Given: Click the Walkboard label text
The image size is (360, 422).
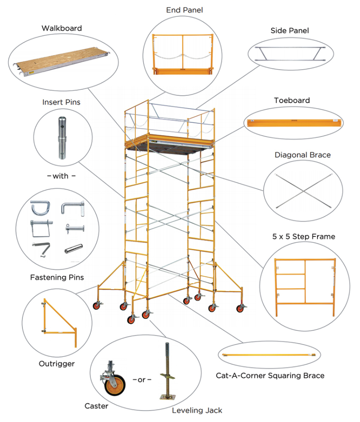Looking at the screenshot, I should pos(61,28).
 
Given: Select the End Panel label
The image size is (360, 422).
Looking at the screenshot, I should pos(183,10).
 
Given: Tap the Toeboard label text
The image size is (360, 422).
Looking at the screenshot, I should pos(292,100).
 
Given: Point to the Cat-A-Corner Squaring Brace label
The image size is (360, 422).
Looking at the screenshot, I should pos(270,376).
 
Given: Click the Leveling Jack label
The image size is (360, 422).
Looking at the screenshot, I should pos(197,411).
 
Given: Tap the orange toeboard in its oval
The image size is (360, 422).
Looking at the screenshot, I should pos(294,123).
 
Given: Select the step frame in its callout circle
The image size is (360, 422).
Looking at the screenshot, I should pos(305,282).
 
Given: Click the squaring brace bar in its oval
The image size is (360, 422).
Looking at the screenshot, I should pos(268,355).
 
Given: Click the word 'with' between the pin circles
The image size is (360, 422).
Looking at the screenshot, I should pos(61,176).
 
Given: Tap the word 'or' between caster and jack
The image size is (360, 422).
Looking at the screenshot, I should pos(141,380).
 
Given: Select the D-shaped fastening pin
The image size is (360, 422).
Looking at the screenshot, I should pos(38,208).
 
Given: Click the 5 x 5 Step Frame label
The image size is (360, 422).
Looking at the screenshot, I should pos(304,237).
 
